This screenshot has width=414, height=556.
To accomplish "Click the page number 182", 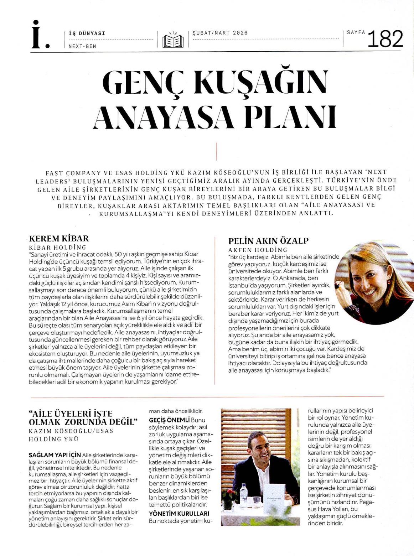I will point(385,39).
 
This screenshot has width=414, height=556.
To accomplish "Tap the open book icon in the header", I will point(173,40).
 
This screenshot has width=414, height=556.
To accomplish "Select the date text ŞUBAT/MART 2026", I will point(220,33).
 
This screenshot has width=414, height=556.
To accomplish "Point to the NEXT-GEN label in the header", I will point(82,46).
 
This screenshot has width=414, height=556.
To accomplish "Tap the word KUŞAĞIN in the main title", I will point(261,82).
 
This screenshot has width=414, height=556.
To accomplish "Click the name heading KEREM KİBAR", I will point(59,238).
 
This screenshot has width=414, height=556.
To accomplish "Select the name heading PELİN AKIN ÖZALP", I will point(268,241).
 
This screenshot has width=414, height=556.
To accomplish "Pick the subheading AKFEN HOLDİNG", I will point(258,250).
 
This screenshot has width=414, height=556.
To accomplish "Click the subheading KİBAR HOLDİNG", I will point(58,247).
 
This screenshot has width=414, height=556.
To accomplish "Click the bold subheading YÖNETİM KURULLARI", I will point(179,514).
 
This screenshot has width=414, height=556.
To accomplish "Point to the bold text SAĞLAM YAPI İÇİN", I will point(55,455).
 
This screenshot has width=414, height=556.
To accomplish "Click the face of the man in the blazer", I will point(259,447).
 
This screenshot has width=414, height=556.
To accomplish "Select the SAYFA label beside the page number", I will point(356,32).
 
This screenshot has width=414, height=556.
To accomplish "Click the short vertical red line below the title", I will point(216,152).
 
